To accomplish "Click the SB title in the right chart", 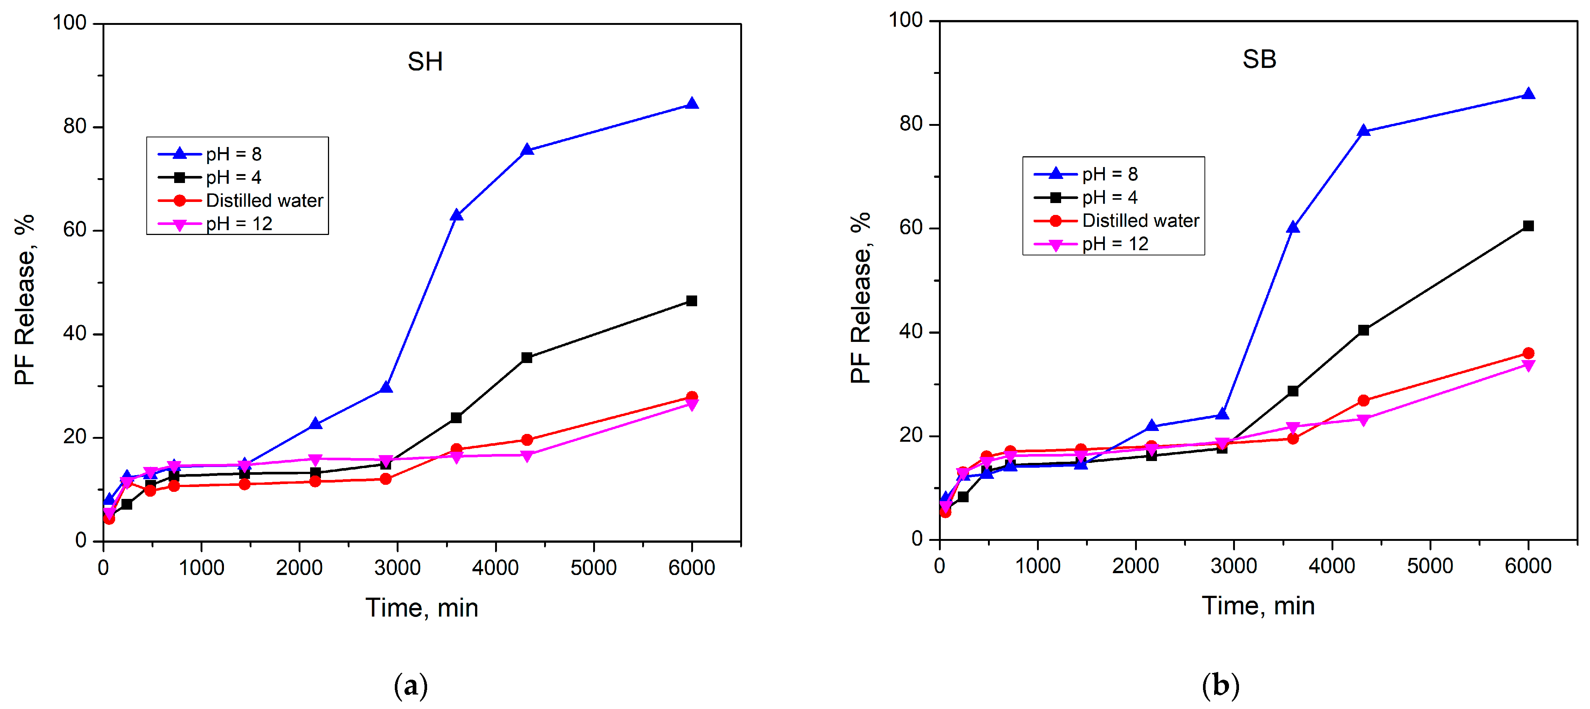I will [1259, 59].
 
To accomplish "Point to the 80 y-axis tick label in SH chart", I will [75, 127].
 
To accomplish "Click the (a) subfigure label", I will [410, 686].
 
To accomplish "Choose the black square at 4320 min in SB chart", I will [1363, 330].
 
